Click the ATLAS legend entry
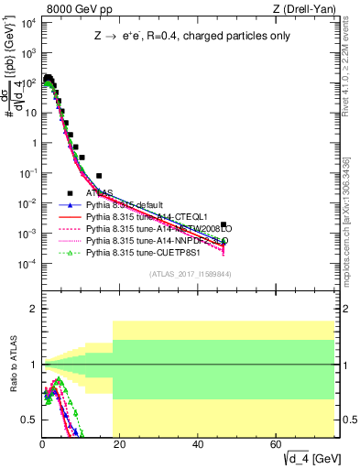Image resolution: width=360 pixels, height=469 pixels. [x=101, y=193]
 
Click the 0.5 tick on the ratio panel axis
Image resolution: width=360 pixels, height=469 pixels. [x=27, y=420]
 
